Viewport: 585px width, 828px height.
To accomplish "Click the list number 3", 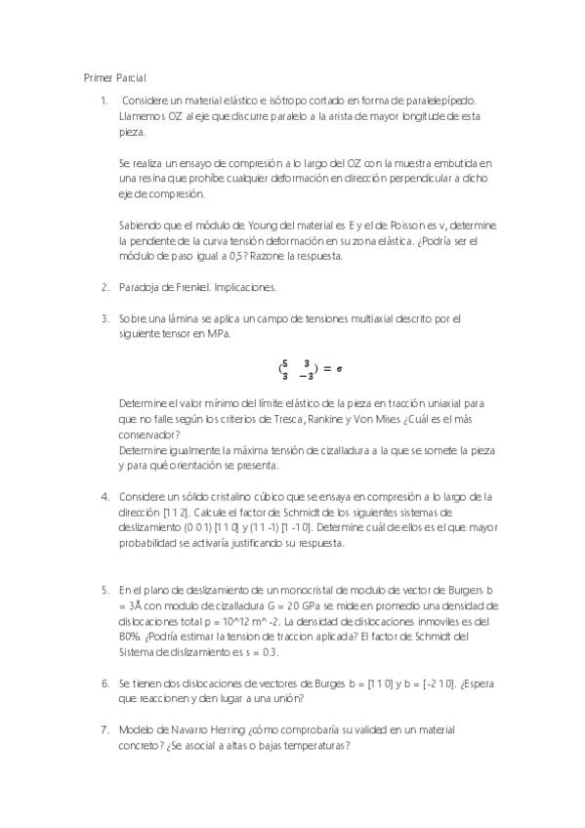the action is click(x=104, y=318).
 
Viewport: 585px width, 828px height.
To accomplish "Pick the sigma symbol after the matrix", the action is click(x=338, y=369).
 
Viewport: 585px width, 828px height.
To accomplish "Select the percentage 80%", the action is click(x=130, y=637).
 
